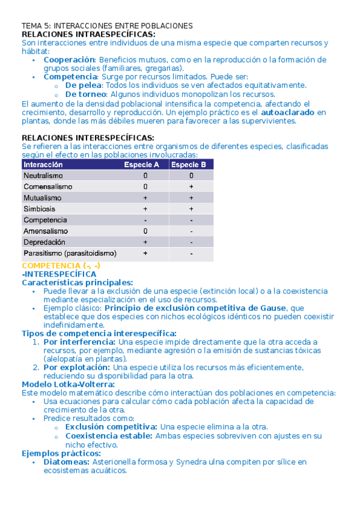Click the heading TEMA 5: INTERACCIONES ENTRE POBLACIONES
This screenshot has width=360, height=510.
click(107, 26)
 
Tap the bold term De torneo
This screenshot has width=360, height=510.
click(87, 94)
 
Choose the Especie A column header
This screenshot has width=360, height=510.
click(142, 165)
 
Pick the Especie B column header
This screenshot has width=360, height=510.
click(189, 165)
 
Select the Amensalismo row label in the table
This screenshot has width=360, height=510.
click(46, 231)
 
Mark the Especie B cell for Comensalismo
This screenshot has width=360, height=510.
click(191, 187)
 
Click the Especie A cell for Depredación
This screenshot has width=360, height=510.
click(145, 242)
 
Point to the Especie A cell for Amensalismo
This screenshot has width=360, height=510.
click(145, 231)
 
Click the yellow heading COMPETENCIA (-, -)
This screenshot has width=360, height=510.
click(61, 265)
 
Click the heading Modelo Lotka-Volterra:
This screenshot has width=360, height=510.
click(68, 384)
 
